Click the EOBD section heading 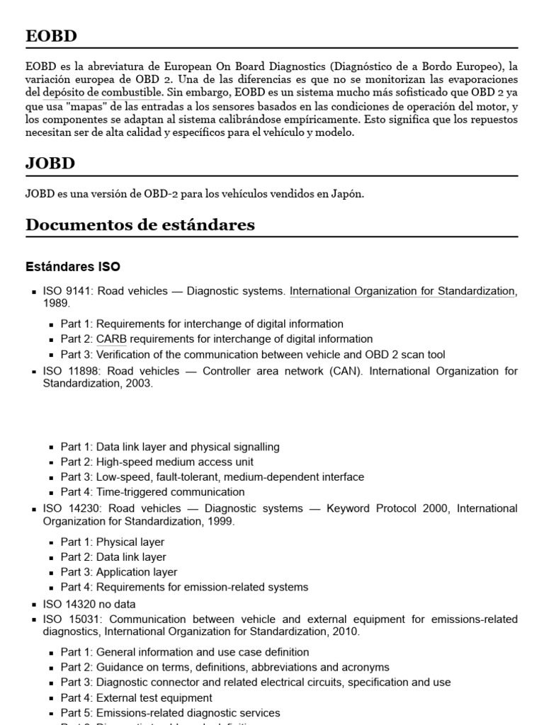pyautogui.click(x=52, y=36)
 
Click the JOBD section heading pyautogui.click(x=50, y=164)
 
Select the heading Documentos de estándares pyautogui.click(x=140, y=224)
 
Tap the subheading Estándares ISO pyautogui.click(x=73, y=267)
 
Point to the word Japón pyautogui.click(x=348, y=193)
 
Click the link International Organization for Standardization pyautogui.click(x=402, y=291)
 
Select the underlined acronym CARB pyautogui.click(x=111, y=339)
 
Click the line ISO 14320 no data pyautogui.click(x=89, y=604)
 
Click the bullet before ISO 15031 pyautogui.click(x=35, y=620)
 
